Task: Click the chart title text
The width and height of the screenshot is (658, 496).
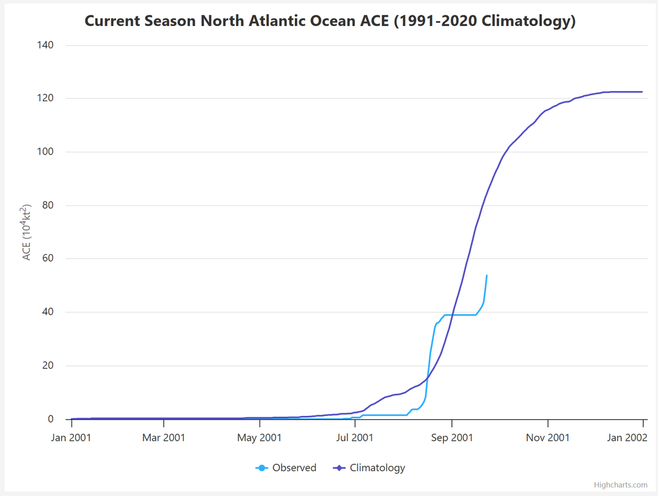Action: [330, 21]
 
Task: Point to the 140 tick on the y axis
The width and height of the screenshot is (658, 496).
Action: [45, 45]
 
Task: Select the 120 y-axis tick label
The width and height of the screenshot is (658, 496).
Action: [45, 99]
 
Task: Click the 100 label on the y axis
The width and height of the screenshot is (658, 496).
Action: [45, 152]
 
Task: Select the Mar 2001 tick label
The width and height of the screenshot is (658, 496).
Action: [164, 438]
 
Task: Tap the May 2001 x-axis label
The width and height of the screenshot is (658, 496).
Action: [260, 438]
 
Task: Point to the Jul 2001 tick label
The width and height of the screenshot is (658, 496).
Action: [355, 438]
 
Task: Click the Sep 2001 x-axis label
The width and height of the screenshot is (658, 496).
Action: [452, 438]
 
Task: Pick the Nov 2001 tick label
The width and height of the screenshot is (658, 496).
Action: [548, 438]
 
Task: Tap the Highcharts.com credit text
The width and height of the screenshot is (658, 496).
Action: [620, 485]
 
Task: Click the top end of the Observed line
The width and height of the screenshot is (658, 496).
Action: [487, 275]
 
